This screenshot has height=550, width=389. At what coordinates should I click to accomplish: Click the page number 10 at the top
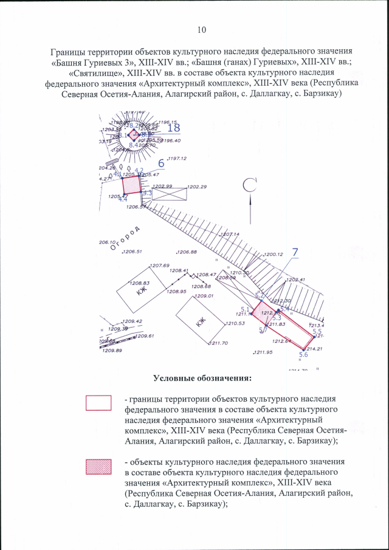point(202,30)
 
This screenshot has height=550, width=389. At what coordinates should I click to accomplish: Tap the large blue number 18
point(173,128)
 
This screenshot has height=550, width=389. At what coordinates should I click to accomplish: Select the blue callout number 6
point(161,163)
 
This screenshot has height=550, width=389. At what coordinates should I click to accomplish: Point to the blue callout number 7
point(295,252)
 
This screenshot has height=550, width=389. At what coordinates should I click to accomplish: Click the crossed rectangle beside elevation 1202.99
point(168,194)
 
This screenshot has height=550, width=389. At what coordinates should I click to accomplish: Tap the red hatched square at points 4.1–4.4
point(131,185)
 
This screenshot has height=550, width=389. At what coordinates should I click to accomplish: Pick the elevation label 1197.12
point(176,159)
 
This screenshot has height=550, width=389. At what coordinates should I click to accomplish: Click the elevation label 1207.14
point(230,234)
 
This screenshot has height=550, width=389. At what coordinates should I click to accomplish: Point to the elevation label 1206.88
point(186,252)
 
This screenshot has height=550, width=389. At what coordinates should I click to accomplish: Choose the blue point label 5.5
point(316,331)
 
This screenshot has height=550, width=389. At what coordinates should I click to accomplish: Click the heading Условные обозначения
point(202,379)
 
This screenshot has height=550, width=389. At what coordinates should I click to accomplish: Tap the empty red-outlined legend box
point(98,403)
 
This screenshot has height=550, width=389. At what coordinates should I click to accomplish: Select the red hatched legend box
point(98,467)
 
